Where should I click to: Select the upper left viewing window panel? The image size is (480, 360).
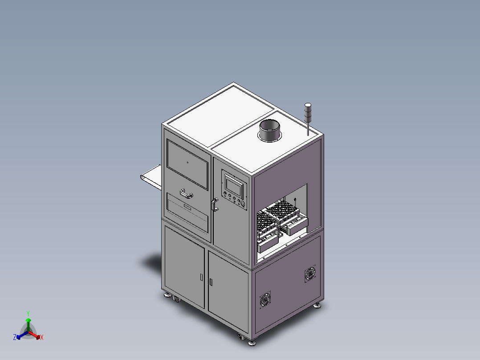pyautogui.click(x=187, y=163)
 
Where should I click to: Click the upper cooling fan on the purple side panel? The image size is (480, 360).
pyautogui.click(x=310, y=274)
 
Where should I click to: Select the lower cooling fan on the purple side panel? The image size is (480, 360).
pyautogui.click(x=265, y=300)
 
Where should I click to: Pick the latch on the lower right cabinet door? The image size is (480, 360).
pyautogui.click(x=211, y=282)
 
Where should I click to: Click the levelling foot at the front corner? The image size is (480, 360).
pyautogui.click(x=252, y=342)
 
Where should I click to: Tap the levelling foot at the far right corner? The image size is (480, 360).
pyautogui.click(x=317, y=305)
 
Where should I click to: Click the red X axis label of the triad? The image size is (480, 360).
pyautogui.click(x=41, y=338)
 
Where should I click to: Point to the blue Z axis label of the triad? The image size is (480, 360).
pyautogui.click(x=15, y=337)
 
